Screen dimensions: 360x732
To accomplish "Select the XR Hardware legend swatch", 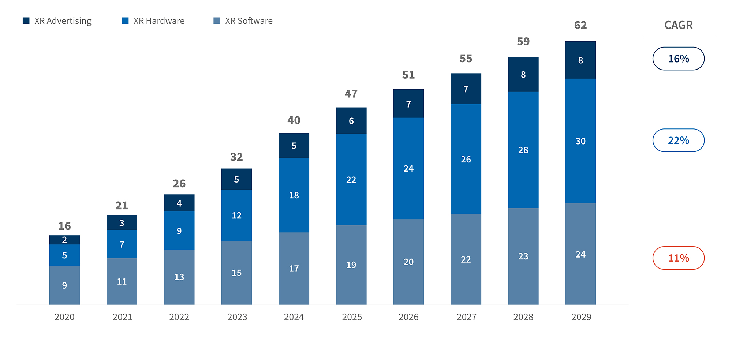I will coord(125,21).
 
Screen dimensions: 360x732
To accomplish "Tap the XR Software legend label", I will coord(249,21).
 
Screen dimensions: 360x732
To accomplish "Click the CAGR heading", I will coord(678,25).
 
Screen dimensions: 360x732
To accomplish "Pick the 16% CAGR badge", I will coord(678,59).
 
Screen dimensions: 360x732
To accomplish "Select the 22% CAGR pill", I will coord(678,140).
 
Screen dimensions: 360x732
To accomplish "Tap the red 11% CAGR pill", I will coord(678,258).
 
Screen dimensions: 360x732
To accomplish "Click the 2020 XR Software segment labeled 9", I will coord(64,285).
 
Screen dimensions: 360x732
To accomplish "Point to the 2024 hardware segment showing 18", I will coord(294,195).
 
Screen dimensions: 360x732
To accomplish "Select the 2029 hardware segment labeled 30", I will coord(580,141).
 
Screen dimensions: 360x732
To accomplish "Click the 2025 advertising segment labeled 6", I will coord(351,121).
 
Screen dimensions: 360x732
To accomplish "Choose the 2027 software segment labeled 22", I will coord(466,259).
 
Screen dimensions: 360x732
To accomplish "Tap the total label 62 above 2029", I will coord(580,25).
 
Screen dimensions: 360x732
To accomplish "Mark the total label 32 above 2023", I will coord(236,157).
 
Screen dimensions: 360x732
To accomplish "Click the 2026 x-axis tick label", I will coord(408,317).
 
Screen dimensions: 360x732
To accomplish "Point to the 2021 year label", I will coord(122,317).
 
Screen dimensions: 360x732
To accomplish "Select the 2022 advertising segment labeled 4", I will coord(179,203).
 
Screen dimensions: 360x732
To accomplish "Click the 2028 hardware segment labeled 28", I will coord(523,150).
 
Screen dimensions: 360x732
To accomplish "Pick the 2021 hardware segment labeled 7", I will coord(122,244).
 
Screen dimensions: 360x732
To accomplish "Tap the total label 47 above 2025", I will coord(351,94).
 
